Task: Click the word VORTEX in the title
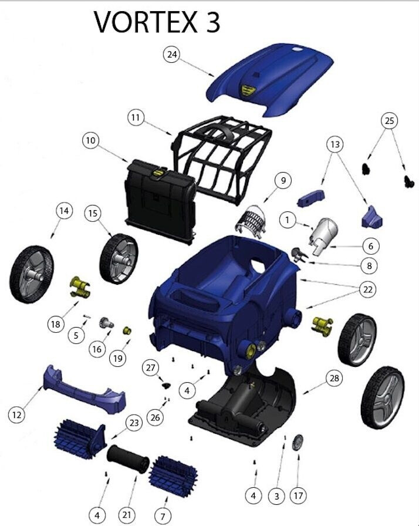pyautogui.click(x=145, y=22)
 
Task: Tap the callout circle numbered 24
pyautogui.click(x=171, y=54)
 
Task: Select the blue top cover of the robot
pyautogui.click(x=270, y=80)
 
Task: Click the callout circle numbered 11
pyautogui.click(x=136, y=117)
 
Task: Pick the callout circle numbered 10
pyautogui.click(x=90, y=140)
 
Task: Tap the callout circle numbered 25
pyautogui.click(x=389, y=121)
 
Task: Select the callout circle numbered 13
pyautogui.click(x=335, y=144)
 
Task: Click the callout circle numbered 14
pyautogui.click(x=64, y=211)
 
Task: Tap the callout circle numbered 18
pyautogui.click(x=56, y=324)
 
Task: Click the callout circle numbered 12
pyautogui.click(x=17, y=414)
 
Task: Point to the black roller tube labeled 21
pyautogui.click(x=128, y=459)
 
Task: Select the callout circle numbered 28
pyautogui.click(x=334, y=379)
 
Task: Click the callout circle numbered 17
pyautogui.click(x=298, y=495)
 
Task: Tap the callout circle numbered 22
pyautogui.click(x=368, y=289)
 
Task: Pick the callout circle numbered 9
pyautogui.click(x=283, y=180)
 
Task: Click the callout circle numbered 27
pyautogui.click(x=150, y=367)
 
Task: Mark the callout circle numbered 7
pyautogui.click(x=163, y=515)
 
